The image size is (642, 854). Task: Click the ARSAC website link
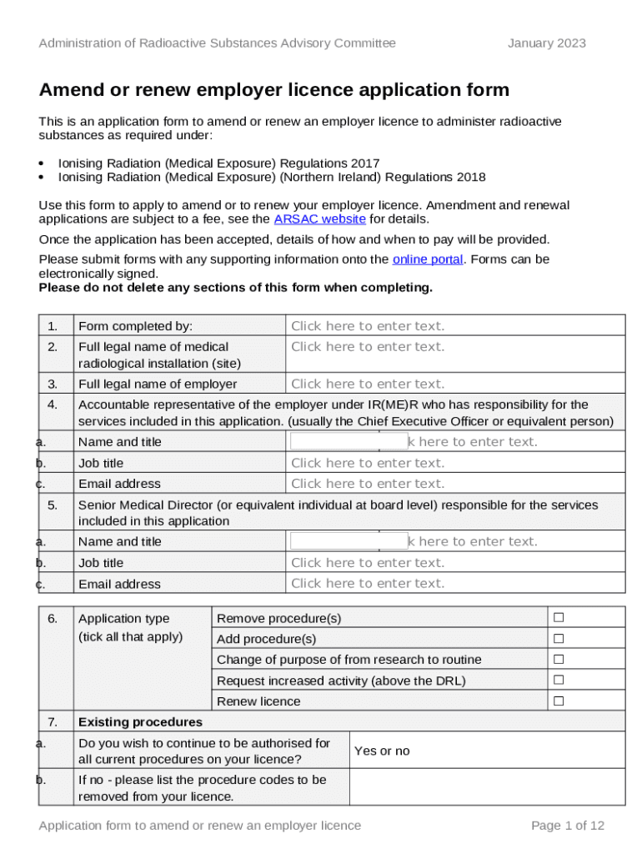pos(319,219)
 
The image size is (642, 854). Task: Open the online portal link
pos(427,259)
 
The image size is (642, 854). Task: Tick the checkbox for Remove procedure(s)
pos(559,618)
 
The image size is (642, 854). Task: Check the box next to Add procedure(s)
pos(559,639)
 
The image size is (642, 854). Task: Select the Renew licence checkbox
pos(559,701)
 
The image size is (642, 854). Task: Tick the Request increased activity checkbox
pos(559,681)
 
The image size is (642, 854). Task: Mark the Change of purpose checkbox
pos(559,660)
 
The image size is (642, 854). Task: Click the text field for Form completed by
pos(454,326)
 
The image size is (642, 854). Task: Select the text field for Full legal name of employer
pos(454,384)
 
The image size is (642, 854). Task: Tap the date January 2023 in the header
pos(546,43)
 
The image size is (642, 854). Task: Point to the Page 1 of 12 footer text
pos(567,826)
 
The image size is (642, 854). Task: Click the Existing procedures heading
pos(140,721)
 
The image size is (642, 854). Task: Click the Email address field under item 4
pos(454,484)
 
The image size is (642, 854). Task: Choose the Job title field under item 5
pos(454,563)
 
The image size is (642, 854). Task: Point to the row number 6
pos(53,618)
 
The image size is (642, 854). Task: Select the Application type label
pos(123,618)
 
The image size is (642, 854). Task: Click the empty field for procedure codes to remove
pos(485,787)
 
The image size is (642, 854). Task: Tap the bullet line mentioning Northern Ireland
pos(271,177)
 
